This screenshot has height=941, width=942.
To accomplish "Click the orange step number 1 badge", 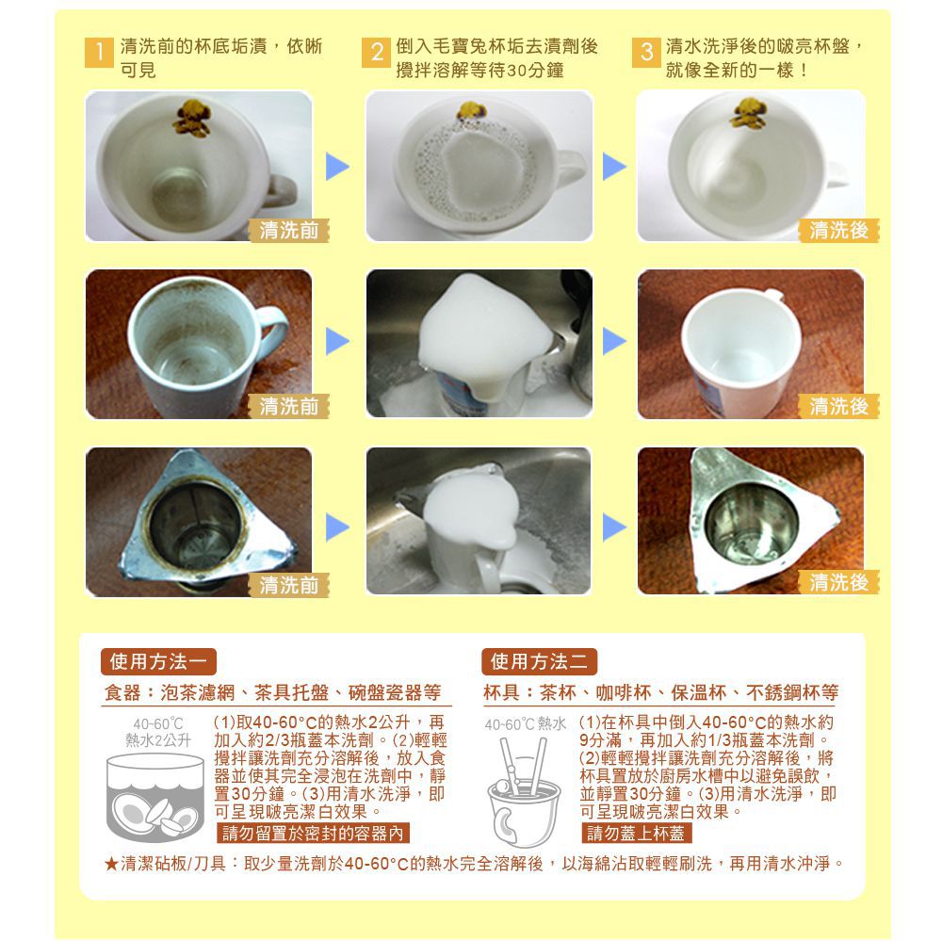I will [x=97, y=56].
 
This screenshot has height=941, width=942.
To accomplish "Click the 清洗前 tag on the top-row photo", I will [x=287, y=230].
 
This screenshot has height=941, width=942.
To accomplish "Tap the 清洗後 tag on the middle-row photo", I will [x=838, y=406].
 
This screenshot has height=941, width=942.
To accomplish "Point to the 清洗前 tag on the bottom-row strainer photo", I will [x=288, y=585].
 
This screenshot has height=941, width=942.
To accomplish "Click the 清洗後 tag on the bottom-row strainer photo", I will [x=838, y=583].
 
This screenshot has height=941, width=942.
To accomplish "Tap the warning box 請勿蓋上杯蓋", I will [x=638, y=833].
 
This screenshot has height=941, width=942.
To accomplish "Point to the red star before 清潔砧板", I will [x=111, y=863].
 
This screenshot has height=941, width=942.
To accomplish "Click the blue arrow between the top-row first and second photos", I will [x=337, y=168].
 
